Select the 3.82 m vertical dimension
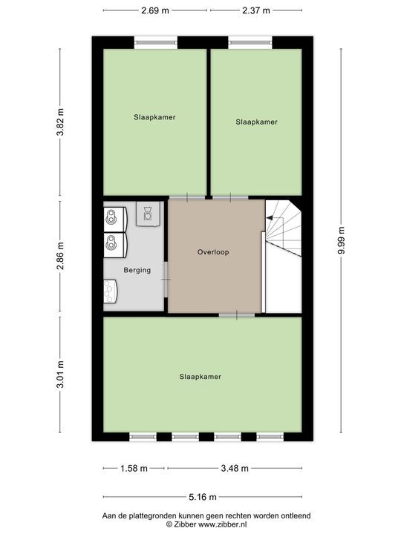[61, 119]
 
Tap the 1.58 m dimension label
[134, 468]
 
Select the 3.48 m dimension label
[235, 468]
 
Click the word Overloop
[213, 252]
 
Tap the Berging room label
[137, 270]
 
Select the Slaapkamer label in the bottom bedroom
[200, 377]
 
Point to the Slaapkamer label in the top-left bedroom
[154, 117]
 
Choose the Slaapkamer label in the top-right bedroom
[257, 122]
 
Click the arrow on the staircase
[270, 217]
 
